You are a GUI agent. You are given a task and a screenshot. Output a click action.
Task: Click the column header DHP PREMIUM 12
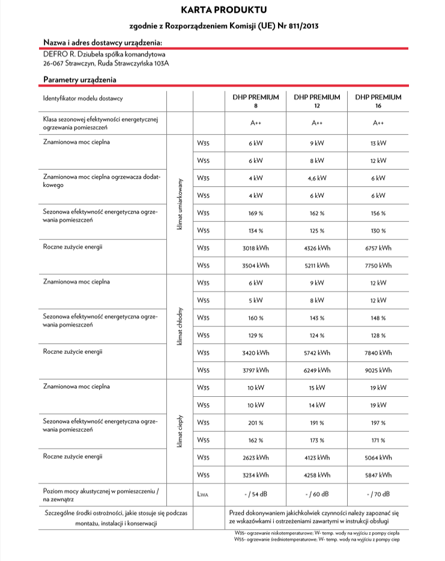316,100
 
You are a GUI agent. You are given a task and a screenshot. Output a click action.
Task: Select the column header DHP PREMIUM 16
378,100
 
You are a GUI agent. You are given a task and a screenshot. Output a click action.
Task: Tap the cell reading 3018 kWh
255,247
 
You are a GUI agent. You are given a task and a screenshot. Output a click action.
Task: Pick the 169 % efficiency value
255,213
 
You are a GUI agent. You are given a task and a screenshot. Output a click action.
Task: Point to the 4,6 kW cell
316,178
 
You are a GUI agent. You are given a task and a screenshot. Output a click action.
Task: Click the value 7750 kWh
378,265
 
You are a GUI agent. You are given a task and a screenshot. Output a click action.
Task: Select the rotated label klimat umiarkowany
180,204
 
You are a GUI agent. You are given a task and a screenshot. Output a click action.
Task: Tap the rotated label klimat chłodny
180,326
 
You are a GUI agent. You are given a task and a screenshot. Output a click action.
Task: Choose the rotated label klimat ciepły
180,431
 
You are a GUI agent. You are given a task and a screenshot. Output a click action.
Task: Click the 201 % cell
255,422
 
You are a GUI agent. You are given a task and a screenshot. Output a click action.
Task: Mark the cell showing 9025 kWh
378,370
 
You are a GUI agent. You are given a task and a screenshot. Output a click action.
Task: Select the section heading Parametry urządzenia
80,79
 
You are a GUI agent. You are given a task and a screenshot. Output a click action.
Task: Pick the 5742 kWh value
316,352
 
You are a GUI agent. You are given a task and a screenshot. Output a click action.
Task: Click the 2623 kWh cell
255,457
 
